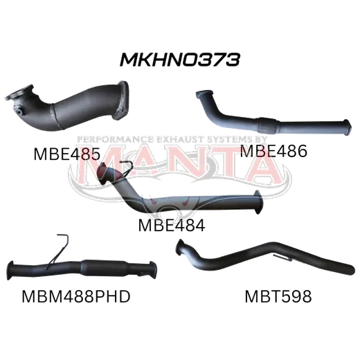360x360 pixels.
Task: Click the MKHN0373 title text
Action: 180,60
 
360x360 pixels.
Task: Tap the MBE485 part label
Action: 67,154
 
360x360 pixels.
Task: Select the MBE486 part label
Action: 273,151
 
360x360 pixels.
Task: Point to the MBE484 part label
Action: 172,226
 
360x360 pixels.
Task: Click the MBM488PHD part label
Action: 76,296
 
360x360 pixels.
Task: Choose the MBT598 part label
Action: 278,296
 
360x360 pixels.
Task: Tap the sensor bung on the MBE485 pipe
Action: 19,111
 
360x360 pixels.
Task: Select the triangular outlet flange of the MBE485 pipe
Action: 122,100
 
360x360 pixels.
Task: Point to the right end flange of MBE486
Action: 348,126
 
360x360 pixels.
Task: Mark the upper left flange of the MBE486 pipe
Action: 201,94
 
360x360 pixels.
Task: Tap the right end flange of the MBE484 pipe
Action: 258,202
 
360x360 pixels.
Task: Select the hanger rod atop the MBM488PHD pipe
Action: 60,251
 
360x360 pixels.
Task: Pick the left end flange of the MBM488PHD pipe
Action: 10,271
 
